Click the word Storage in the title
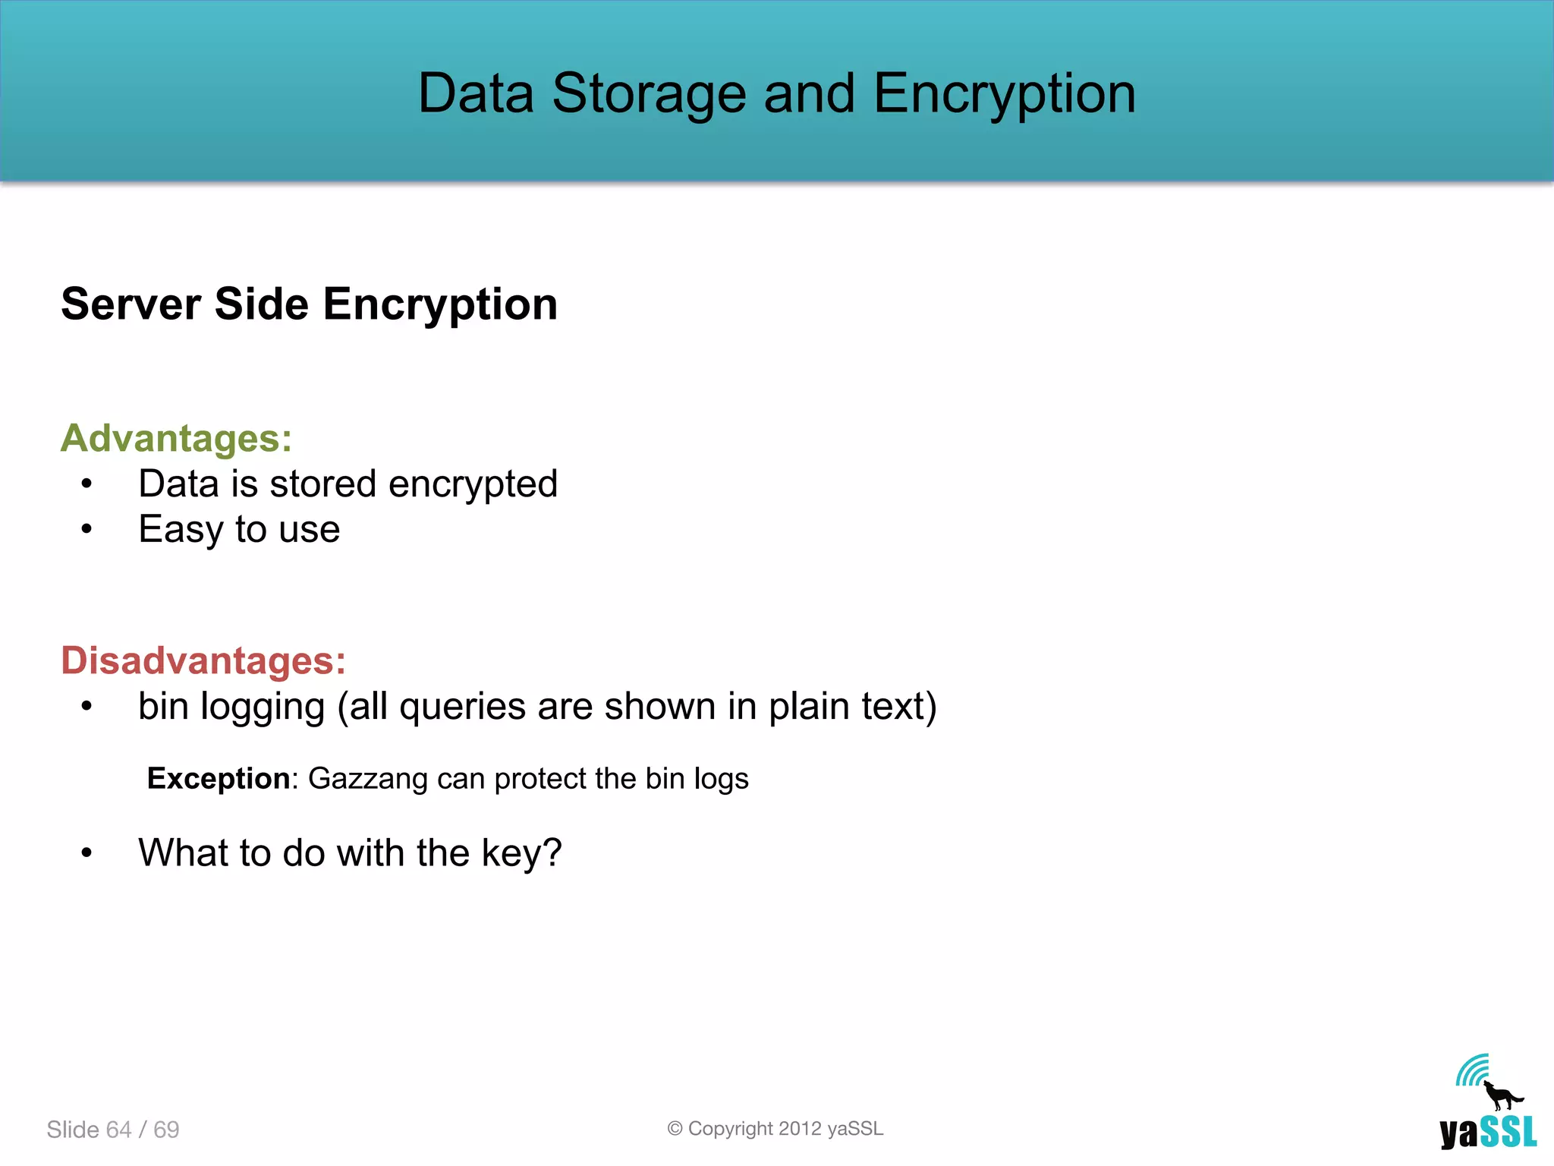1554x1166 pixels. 649,93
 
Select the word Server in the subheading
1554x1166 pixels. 131,304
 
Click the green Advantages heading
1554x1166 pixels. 176,438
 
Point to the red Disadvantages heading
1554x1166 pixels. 203,660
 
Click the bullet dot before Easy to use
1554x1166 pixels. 87,529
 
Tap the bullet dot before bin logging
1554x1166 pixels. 87,706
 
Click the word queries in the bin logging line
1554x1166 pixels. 462,707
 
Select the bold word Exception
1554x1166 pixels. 218,778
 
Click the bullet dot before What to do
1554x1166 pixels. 87,852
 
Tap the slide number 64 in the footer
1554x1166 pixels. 119,1130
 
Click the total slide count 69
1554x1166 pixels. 166,1130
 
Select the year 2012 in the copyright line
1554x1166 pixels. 800,1129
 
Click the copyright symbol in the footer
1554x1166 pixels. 675,1129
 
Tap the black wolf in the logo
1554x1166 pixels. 1502,1096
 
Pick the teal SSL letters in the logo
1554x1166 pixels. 1509,1133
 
